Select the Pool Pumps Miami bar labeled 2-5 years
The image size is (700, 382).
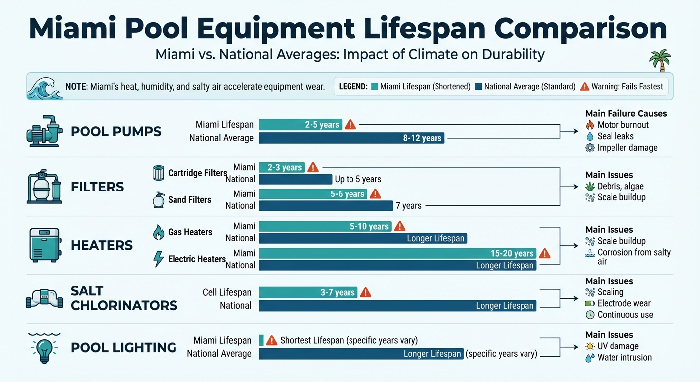coord(300,125)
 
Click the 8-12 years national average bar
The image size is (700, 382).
coord(351,138)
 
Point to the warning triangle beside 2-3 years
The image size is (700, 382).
coord(313,167)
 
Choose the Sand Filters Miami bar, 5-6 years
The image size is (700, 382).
coord(313,194)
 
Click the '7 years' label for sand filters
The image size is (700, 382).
coord(408,205)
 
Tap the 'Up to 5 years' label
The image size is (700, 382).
coord(358,179)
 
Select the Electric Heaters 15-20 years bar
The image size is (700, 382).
coord(397,253)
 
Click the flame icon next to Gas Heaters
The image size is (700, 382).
coord(158,232)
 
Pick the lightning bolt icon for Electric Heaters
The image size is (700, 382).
coord(158,259)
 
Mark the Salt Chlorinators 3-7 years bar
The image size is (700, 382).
coord(308,292)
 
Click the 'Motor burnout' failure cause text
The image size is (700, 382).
coord(623,125)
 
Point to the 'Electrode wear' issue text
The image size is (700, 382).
coord(624,303)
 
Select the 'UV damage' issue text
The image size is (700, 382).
coord(618,346)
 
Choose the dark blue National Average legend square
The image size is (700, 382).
coord(478,87)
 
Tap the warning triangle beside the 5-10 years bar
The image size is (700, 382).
coord(399,226)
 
